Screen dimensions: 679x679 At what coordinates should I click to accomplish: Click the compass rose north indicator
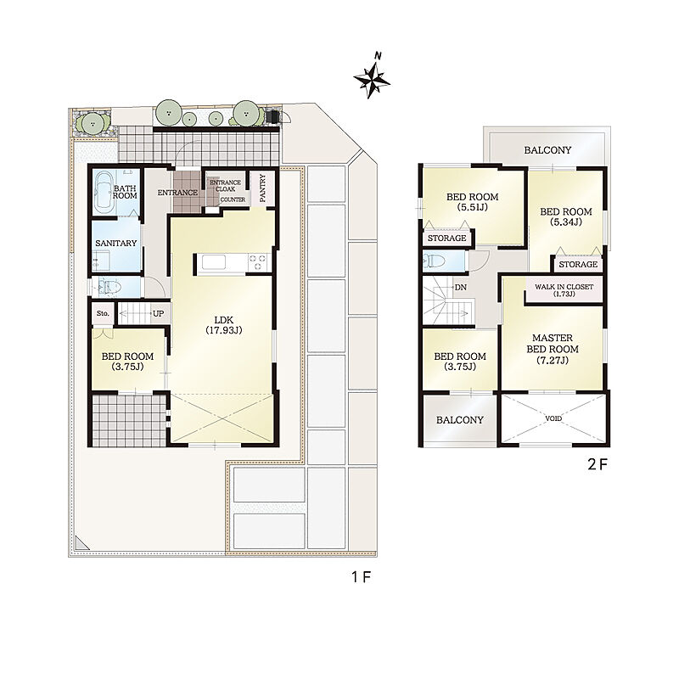[372, 78]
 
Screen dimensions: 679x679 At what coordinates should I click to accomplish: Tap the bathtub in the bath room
[104, 193]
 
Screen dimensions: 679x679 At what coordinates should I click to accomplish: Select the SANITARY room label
[116, 244]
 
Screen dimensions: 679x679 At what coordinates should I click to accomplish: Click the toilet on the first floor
[109, 286]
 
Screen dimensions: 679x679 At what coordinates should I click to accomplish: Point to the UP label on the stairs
[158, 313]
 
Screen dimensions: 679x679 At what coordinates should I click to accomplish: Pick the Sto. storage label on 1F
[103, 313]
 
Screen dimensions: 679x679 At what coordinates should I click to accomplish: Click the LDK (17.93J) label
[223, 325]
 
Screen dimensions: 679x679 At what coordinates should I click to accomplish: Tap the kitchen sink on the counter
[214, 262]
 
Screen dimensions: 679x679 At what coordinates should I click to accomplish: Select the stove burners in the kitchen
[258, 262]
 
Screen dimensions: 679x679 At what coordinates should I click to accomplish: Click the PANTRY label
[263, 188]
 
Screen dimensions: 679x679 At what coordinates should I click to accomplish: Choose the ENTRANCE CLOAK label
[225, 186]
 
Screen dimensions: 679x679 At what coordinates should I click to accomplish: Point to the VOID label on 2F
[553, 418]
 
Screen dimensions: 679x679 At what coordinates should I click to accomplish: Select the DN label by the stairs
[461, 288]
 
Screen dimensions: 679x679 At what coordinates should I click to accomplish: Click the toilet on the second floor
[435, 261]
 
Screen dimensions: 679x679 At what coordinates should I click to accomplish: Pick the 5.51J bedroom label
[473, 202]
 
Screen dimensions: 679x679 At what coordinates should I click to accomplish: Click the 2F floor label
[598, 464]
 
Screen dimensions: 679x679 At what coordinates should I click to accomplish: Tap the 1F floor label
[362, 577]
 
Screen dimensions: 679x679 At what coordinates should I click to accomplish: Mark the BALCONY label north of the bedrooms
[547, 150]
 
